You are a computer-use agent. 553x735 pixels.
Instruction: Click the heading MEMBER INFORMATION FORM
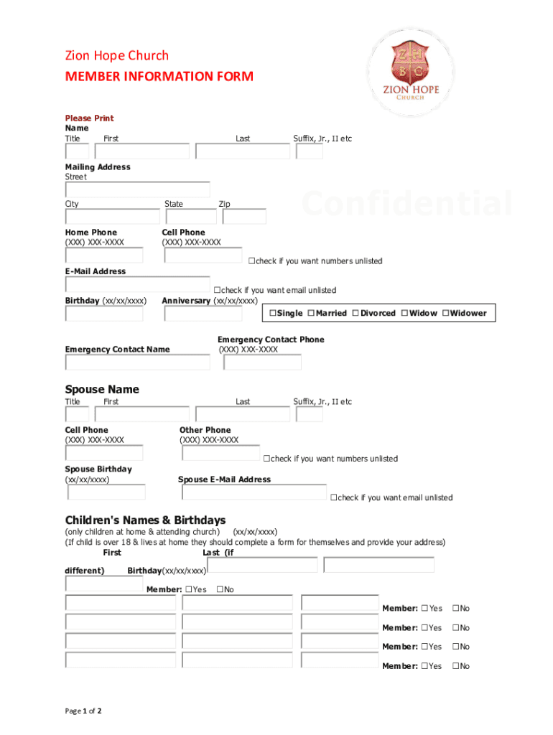(159, 76)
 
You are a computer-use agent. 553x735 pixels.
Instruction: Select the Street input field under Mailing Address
(137, 189)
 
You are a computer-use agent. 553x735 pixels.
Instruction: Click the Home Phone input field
(104, 256)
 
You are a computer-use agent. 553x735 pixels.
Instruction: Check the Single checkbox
(273, 314)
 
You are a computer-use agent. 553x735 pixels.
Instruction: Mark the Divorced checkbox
(355, 314)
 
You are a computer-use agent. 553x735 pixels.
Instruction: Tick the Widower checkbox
(446, 314)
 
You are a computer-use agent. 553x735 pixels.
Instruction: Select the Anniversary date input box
(203, 314)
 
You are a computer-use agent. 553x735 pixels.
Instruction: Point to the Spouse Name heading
(102, 389)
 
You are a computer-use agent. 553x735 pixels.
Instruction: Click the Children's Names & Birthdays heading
(145, 520)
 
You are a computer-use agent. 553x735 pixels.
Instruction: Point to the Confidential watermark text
(406, 204)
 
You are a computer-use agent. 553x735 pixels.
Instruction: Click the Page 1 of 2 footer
(83, 711)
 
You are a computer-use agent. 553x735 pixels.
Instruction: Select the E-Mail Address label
(95, 271)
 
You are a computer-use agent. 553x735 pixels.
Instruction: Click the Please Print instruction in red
(89, 118)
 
